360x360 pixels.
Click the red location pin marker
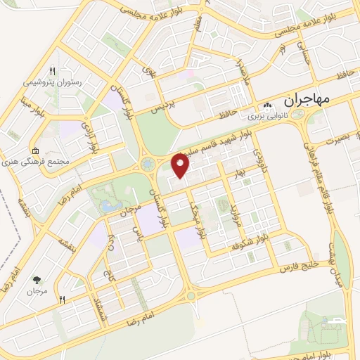181,166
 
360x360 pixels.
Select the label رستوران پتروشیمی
53,82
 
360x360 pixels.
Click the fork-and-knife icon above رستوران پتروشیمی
53,71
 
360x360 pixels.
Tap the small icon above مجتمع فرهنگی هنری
35,150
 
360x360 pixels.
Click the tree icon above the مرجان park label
35,278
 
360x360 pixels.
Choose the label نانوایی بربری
269,114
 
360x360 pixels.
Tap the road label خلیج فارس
299,264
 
